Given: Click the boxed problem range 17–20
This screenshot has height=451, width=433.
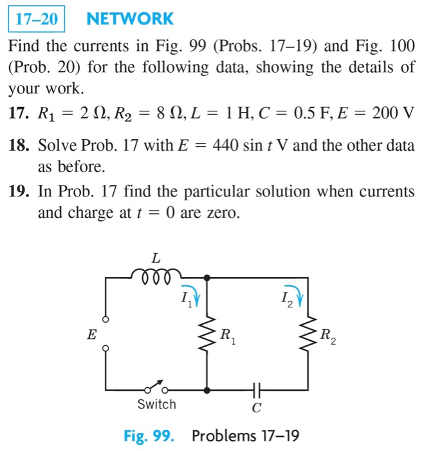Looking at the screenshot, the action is click(x=37, y=19).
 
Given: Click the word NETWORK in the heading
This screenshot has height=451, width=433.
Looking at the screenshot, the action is click(x=129, y=19).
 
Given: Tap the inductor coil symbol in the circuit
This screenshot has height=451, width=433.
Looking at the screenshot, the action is click(x=155, y=276).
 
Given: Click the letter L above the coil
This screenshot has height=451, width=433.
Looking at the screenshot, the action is click(x=156, y=258).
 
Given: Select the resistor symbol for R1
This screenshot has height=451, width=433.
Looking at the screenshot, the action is click(x=207, y=334).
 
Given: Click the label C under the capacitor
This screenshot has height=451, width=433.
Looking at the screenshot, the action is click(x=257, y=408).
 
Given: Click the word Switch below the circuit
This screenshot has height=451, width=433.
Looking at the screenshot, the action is click(x=156, y=405).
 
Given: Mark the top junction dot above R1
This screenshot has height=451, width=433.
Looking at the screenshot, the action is click(x=207, y=278).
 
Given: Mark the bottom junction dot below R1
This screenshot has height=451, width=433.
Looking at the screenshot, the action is click(x=207, y=390).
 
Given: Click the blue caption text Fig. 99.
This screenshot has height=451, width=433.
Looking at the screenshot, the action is click(x=149, y=436).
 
